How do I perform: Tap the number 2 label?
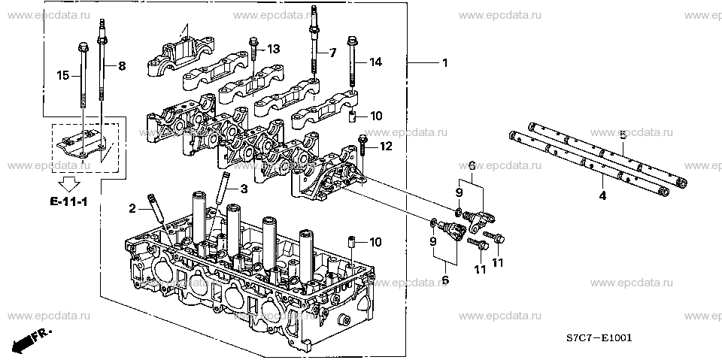point(132,207)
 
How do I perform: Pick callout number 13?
point(273,49)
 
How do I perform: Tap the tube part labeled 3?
point(224,183)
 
